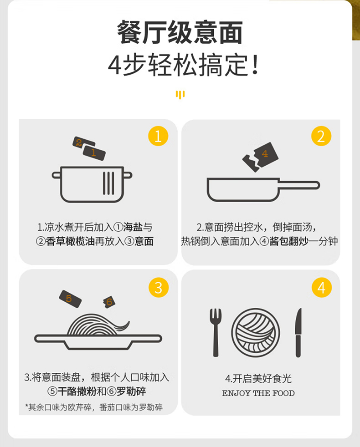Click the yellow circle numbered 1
click(158, 136)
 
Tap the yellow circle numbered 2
click(321, 136)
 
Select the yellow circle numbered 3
click(159, 287)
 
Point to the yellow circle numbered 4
click(322, 287)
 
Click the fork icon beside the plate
click(216, 332)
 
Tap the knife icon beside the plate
click(298, 332)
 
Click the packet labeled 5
click(70, 299)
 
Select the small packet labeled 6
click(109, 302)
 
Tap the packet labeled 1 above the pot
click(94, 152)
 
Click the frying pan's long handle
click(299, 185)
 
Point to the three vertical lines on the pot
click(108, 183)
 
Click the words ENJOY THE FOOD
click(258, 393)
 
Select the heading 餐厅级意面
click(180, 32)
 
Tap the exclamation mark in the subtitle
click(256, 65)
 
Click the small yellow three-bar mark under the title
click(180, 95)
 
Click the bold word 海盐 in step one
click(133, 227)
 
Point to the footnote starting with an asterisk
click(94, 407)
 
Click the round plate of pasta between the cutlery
click(256, 332)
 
